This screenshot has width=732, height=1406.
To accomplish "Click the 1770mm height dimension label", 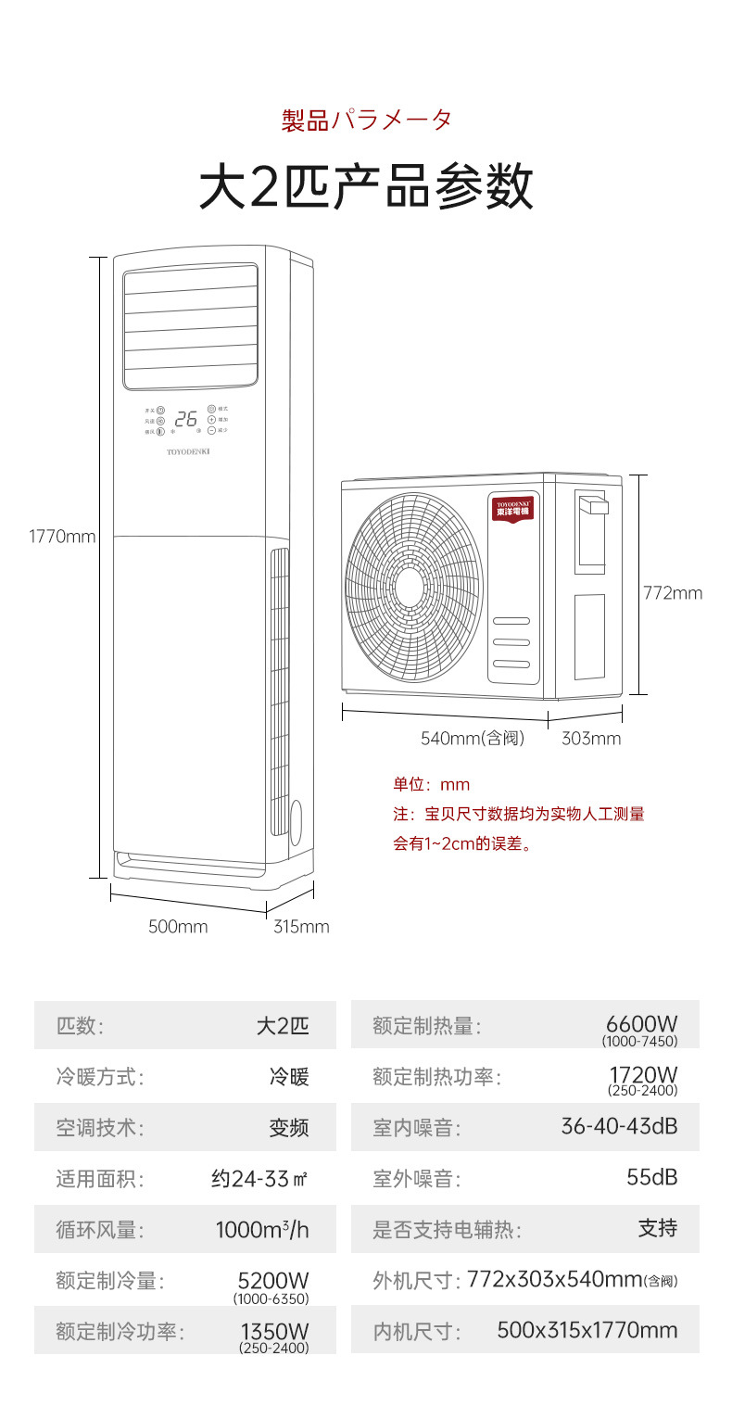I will click(62, 536).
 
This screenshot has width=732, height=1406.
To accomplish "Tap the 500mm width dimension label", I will click(178, 927).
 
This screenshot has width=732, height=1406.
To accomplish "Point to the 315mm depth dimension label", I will click(301, 927).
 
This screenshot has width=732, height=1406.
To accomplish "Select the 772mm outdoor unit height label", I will click(673, 593).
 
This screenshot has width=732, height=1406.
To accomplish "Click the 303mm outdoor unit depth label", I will click(591, 739).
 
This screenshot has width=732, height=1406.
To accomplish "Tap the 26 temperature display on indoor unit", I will click(185, 419).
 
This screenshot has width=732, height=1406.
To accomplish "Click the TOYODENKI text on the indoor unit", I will click(189, 452).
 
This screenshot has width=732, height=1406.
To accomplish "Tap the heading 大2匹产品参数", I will click(366, 186).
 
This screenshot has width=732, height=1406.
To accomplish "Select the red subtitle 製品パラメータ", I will click(366, 120).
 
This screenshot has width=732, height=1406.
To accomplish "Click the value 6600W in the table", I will click(641, 1023).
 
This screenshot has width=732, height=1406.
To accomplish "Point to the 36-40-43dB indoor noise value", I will click(619, 1126).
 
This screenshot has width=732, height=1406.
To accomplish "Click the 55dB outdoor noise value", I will click(651, 1177).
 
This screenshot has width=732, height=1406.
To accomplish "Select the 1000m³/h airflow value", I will click(262, 1230).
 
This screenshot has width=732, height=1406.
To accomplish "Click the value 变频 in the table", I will click(288, 1128).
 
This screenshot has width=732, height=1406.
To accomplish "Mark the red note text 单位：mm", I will click(431, 785).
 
